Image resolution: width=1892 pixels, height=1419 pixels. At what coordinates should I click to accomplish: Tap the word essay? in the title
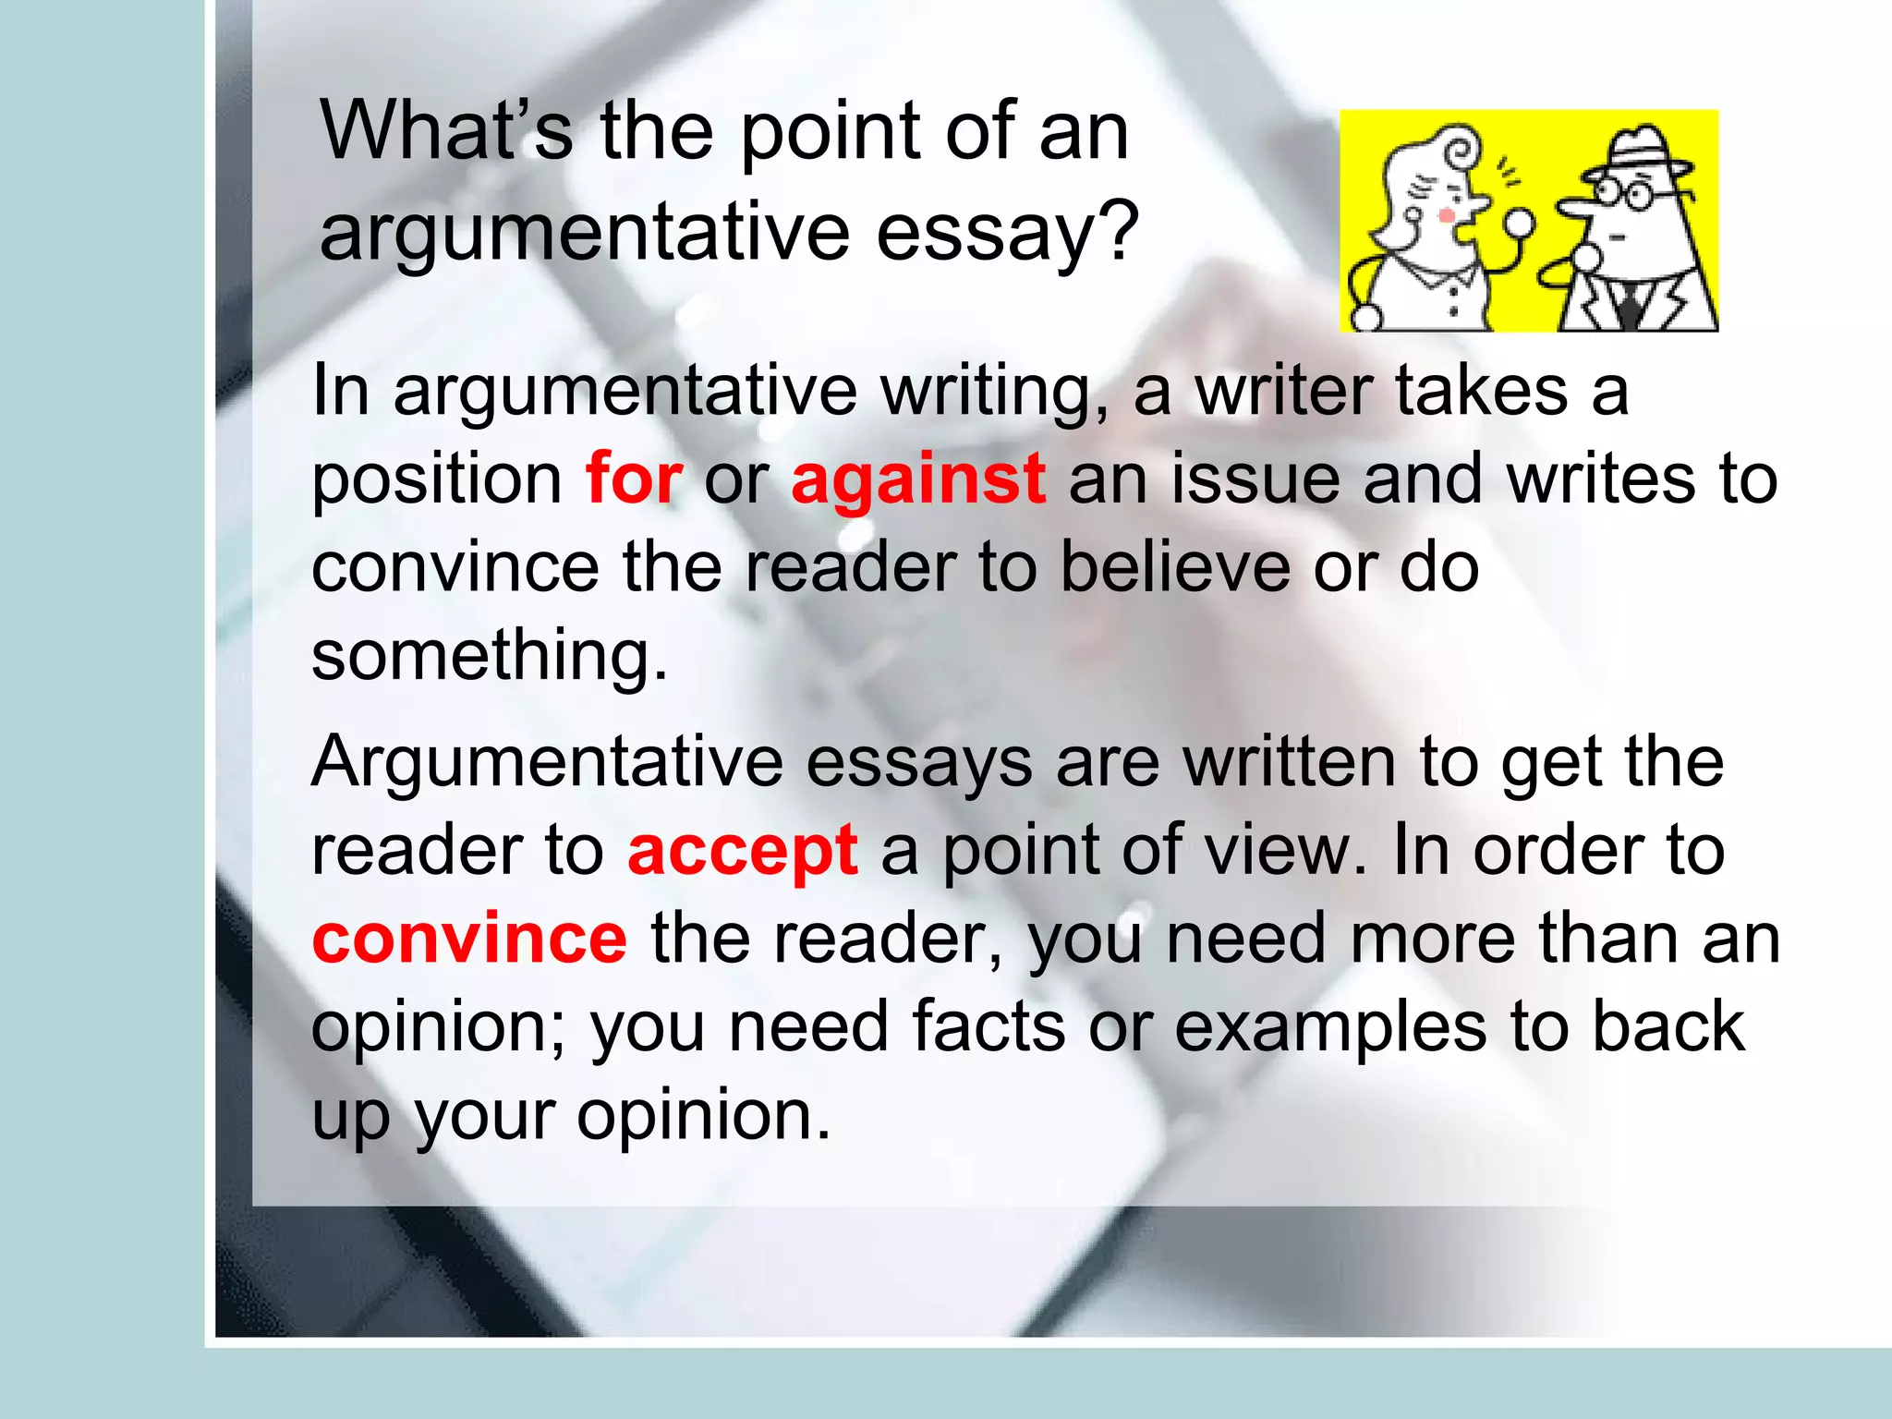point(1007,233)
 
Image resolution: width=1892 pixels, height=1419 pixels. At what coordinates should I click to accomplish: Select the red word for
point(634,479)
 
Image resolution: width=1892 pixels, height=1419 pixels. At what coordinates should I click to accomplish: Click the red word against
point(918,480)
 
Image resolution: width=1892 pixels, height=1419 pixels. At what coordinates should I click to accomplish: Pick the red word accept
point(743,852)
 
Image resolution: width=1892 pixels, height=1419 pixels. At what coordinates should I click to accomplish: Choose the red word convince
point(469,939)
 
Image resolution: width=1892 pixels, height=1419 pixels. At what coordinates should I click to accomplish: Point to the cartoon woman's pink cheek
point(1447,215)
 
